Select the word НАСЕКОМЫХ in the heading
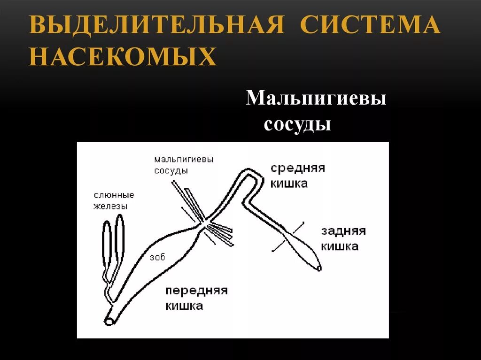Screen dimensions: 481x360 [x=123, y=57]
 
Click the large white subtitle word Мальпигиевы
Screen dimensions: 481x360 [x=316, y=99]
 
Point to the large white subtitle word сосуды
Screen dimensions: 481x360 [x=297, y=125]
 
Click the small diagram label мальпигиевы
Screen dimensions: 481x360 [x=184, y=160]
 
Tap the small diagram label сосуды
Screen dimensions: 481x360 [x=171, y=171]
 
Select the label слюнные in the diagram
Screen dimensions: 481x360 [x=114, y=195]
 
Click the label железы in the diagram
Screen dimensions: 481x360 [x=110, y=206]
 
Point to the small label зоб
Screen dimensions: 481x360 [x=157, y=257]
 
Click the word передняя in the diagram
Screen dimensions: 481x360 [x=196, y=291]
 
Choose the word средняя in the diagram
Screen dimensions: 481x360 [x=298, y=169]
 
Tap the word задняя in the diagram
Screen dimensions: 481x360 [x=343, y=231]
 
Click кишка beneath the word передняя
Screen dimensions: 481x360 [x=184, y=306]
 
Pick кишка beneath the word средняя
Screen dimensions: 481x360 [x=289, y=184]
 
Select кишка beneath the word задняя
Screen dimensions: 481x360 [x=340, y=246]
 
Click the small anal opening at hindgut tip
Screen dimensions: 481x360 [x=319, y=268]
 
